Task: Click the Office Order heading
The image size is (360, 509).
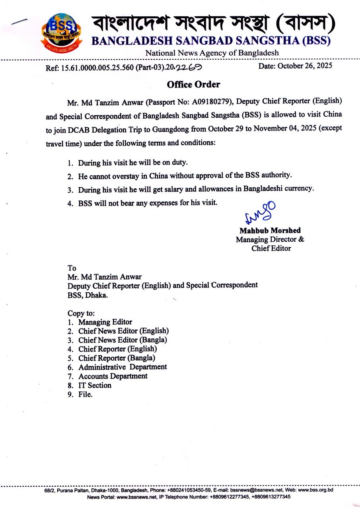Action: pos(193,84)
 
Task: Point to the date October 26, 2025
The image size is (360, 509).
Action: pos(295,66)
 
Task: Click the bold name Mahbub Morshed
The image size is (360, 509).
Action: pos(270,231)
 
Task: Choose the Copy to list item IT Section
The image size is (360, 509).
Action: pos(95,385)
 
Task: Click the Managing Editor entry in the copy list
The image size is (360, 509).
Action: pos(105,322)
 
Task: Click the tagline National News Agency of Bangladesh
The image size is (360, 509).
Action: pos(212,53)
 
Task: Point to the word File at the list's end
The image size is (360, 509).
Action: pos(85,394)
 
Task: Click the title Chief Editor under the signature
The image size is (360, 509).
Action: pos(271,249)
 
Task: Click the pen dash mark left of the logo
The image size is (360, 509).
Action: pos(19,21)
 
